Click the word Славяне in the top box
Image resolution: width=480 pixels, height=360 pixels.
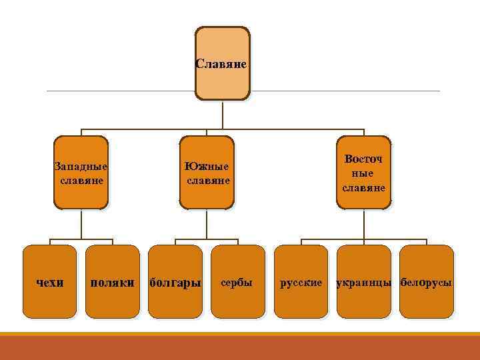pos(223,65)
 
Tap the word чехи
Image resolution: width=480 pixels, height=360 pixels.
pos(49,283)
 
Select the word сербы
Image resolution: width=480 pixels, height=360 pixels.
pos(237,283)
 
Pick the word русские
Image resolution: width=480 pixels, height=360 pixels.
pos(301,283)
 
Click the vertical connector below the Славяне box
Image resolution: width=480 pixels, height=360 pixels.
pos(223,113)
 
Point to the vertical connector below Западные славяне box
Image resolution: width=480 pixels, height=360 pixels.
pos(81,223)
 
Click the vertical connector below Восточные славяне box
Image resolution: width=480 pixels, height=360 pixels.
pos(363,223)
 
